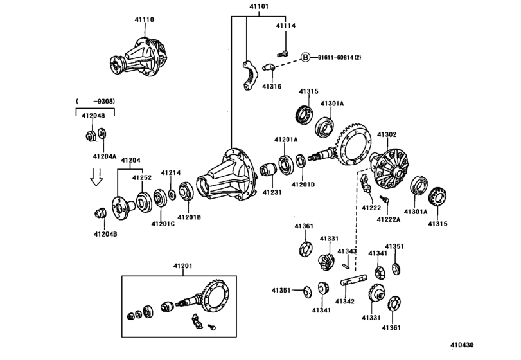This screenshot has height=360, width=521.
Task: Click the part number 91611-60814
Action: click(x=338, y=57)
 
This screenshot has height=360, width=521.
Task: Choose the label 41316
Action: click(x=272, y=85)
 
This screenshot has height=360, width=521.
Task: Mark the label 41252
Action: click(x=141, y=177)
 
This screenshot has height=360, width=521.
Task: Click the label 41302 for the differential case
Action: click(x=386, y=134)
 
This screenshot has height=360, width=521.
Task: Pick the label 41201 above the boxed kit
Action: click(x=182, y=266)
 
